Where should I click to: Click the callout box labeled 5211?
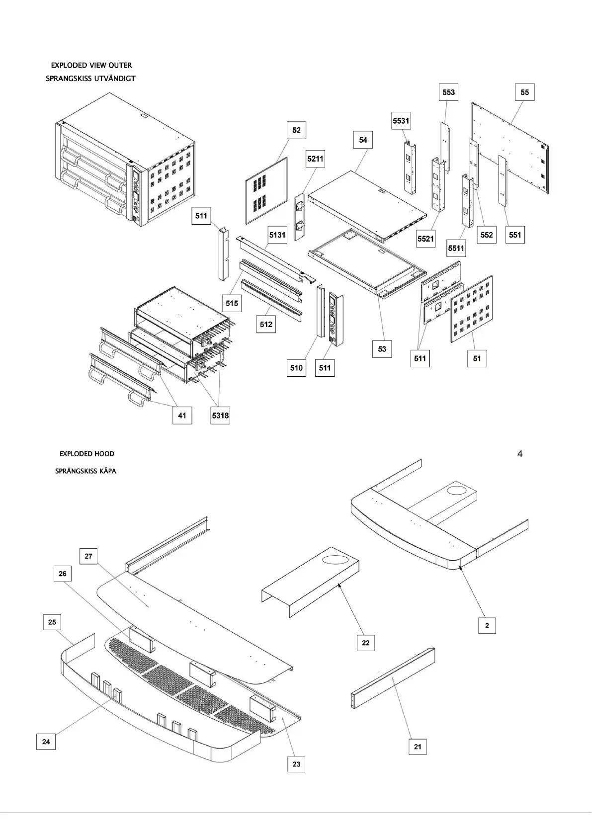315,159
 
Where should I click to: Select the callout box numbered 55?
524,92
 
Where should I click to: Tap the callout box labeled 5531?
401,121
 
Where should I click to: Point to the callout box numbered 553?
448,92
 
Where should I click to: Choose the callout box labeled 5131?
277,235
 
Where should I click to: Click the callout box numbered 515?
232,303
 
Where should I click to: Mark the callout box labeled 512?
266,324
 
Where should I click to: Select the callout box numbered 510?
296,368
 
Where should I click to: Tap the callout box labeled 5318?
220,416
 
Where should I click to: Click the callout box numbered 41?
182,416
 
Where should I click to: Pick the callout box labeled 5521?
425,239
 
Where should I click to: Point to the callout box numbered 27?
88,556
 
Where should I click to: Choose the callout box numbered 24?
46,742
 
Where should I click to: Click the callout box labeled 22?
366,643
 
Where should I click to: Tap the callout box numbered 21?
418,747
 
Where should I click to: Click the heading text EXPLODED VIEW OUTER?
91,65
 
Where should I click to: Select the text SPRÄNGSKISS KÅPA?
85,471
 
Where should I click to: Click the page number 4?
520,454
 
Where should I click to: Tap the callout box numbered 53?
382,349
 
